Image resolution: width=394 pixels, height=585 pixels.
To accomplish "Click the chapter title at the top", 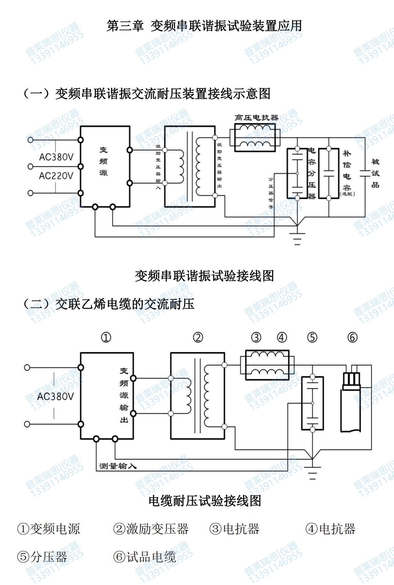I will coord(204,26).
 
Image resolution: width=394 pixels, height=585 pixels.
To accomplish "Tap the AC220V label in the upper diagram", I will coord(56,176).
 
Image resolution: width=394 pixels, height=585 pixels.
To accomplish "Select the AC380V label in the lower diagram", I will coord(55,396).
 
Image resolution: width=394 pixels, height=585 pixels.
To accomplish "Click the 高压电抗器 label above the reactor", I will coord(256,118).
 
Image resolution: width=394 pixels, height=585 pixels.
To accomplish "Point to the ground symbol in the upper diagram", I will coord(297,238).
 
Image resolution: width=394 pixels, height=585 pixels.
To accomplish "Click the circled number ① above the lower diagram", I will coord(106,337).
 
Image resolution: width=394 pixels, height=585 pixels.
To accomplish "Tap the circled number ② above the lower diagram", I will coord(198,337).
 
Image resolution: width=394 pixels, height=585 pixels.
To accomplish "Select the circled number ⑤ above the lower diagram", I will coord(312,337).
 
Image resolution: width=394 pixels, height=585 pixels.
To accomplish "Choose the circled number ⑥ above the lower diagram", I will coord(352,337).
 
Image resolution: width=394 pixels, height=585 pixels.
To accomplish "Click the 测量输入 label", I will coord(118,466).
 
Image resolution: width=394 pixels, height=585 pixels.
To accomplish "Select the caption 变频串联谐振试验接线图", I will coord(204,276).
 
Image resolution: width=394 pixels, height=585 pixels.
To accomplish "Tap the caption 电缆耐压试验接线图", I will coord(205,501).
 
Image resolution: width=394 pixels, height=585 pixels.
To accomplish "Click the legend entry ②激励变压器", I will coord(151,529).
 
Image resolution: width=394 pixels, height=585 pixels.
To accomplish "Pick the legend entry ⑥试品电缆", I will coord(145,557).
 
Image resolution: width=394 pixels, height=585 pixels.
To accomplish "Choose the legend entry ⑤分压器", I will coord(42,557).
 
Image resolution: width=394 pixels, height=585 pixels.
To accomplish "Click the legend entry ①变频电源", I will coord(48,529).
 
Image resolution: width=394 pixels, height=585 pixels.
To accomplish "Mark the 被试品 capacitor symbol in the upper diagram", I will coord(365,173).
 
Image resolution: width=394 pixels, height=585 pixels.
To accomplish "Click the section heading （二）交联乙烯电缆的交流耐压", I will coord(108,304).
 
